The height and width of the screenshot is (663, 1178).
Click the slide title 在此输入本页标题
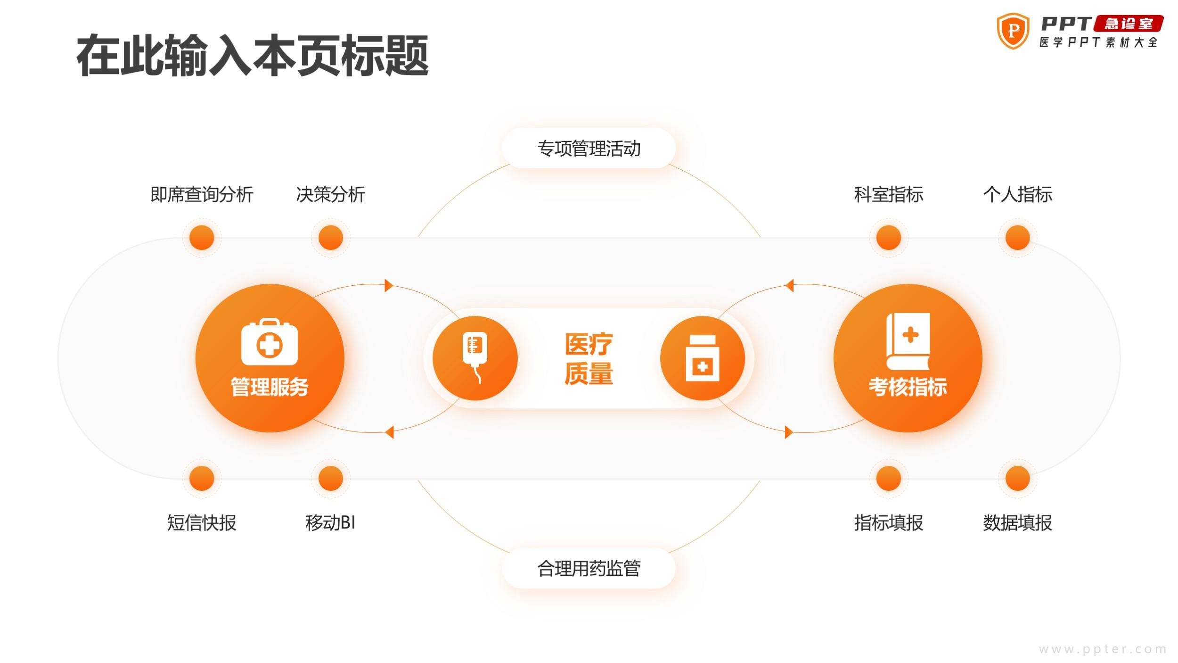click(253, 56)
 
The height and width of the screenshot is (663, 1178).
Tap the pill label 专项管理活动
click(589, 148)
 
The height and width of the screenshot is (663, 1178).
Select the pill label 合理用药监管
click(589, 568)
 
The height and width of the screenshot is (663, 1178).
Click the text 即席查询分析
click(202, 194)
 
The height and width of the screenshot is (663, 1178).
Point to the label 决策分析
click(330, 194)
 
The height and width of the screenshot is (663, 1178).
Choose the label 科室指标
click(889, 194)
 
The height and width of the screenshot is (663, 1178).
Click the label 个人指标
click(1017, 194)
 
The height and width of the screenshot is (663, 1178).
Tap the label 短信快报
click(202, 522)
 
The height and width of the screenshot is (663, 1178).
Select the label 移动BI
click(330, 522)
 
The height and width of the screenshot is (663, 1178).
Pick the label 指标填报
click(889, 522)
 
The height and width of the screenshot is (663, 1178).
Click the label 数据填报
click(1017, 522)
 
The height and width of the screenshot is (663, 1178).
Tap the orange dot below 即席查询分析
click(202, 238)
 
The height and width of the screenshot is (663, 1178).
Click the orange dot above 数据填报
click(1017, 479)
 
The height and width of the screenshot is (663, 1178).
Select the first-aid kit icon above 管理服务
click(270, 342)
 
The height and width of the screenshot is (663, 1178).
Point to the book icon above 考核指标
click(908, 341)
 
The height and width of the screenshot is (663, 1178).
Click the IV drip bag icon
click(475, 357)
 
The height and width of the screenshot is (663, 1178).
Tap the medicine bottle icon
click(703, 358)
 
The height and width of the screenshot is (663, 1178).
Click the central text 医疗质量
click(589, 358)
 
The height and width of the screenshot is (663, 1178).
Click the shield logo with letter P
click(1013, 31)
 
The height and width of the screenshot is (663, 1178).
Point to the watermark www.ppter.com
click(1103, 649)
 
